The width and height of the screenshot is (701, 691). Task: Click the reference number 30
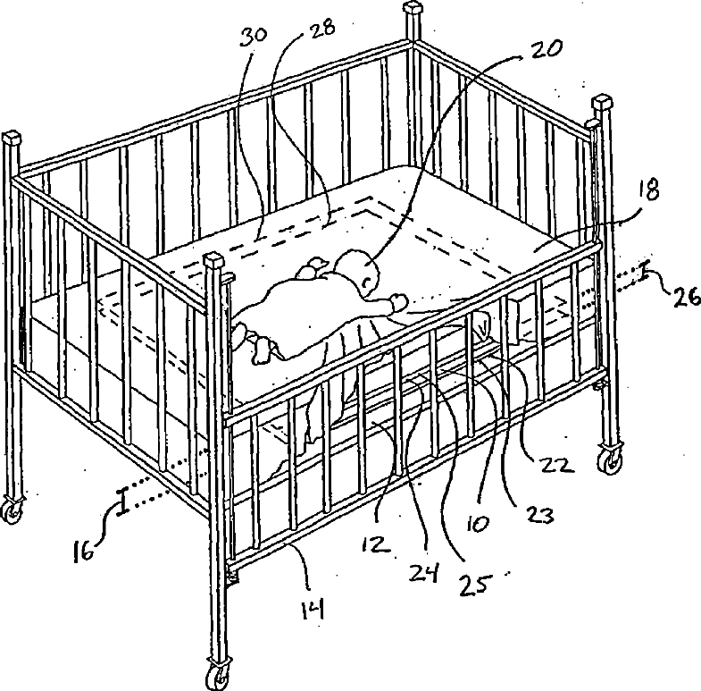pyautogui.click(x=254, y=37)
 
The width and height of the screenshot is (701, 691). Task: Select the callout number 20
pyautogui.click(x=547, y=49)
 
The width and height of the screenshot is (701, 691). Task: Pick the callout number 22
pyautogui.click(x=556, y=465)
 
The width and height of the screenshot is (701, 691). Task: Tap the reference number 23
pyautogui.click(x=538, y=515)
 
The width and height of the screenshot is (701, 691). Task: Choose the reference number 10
pyautogui.click(x=478, y=523)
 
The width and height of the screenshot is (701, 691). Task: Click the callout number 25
pyautogui.click(x=476, y=583)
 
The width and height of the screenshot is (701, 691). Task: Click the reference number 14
pyautogui.click(x=312, y=610)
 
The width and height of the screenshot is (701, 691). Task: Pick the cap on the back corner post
pyautogui.click(x=413, y=8)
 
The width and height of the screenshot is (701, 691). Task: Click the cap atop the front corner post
pyautogui.click(x=213, y=258)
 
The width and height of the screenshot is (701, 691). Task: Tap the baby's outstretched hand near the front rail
pyautogui.click(x=398, y=300)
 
